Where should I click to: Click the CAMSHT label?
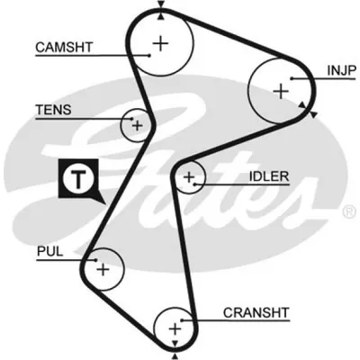64,47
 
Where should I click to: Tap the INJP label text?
341,70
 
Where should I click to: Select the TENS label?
54,110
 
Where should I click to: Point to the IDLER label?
269,176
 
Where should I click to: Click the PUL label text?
50,251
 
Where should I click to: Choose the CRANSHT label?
256,312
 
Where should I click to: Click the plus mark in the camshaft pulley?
161,44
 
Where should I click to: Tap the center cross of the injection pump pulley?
281,91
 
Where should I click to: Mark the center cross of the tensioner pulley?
138,125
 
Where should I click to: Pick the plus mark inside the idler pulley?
189,177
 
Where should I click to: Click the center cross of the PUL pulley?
103,269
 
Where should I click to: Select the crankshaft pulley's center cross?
175,329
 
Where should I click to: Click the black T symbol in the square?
78,179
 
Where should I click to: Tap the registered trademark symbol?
349,211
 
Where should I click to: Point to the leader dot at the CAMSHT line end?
149,55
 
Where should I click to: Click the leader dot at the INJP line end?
292,78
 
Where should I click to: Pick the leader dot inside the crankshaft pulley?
182,320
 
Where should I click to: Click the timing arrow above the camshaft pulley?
161,4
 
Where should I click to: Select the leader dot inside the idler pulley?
195,184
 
